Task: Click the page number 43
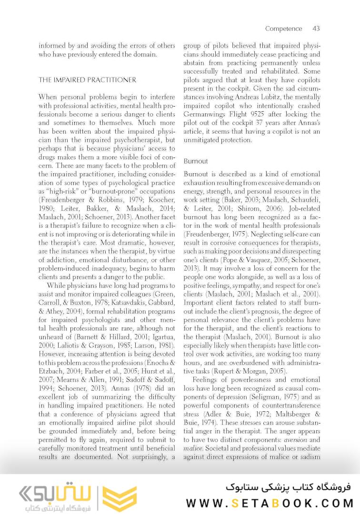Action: coord(316,29)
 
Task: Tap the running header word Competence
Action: coord(283,29)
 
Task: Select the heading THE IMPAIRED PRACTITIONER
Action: coord(87,80)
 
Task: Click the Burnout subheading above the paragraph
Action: coord(196,161)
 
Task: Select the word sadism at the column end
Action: coord(308,456)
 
